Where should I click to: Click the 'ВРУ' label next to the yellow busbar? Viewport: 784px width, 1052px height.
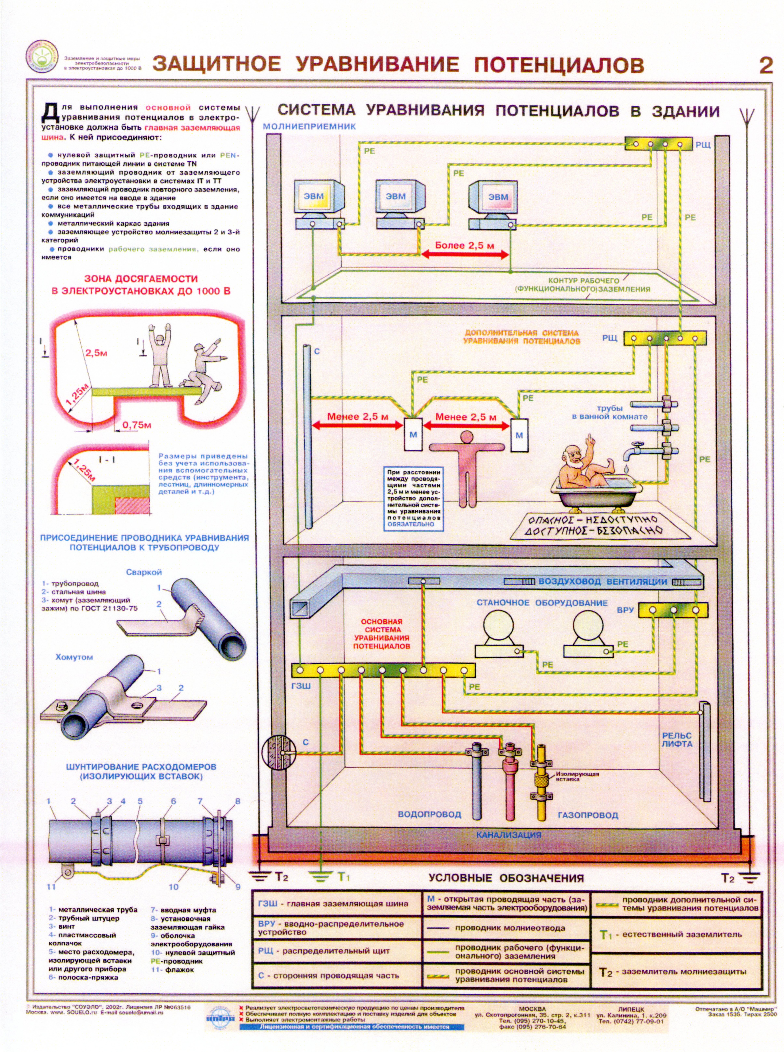[625, 610]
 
